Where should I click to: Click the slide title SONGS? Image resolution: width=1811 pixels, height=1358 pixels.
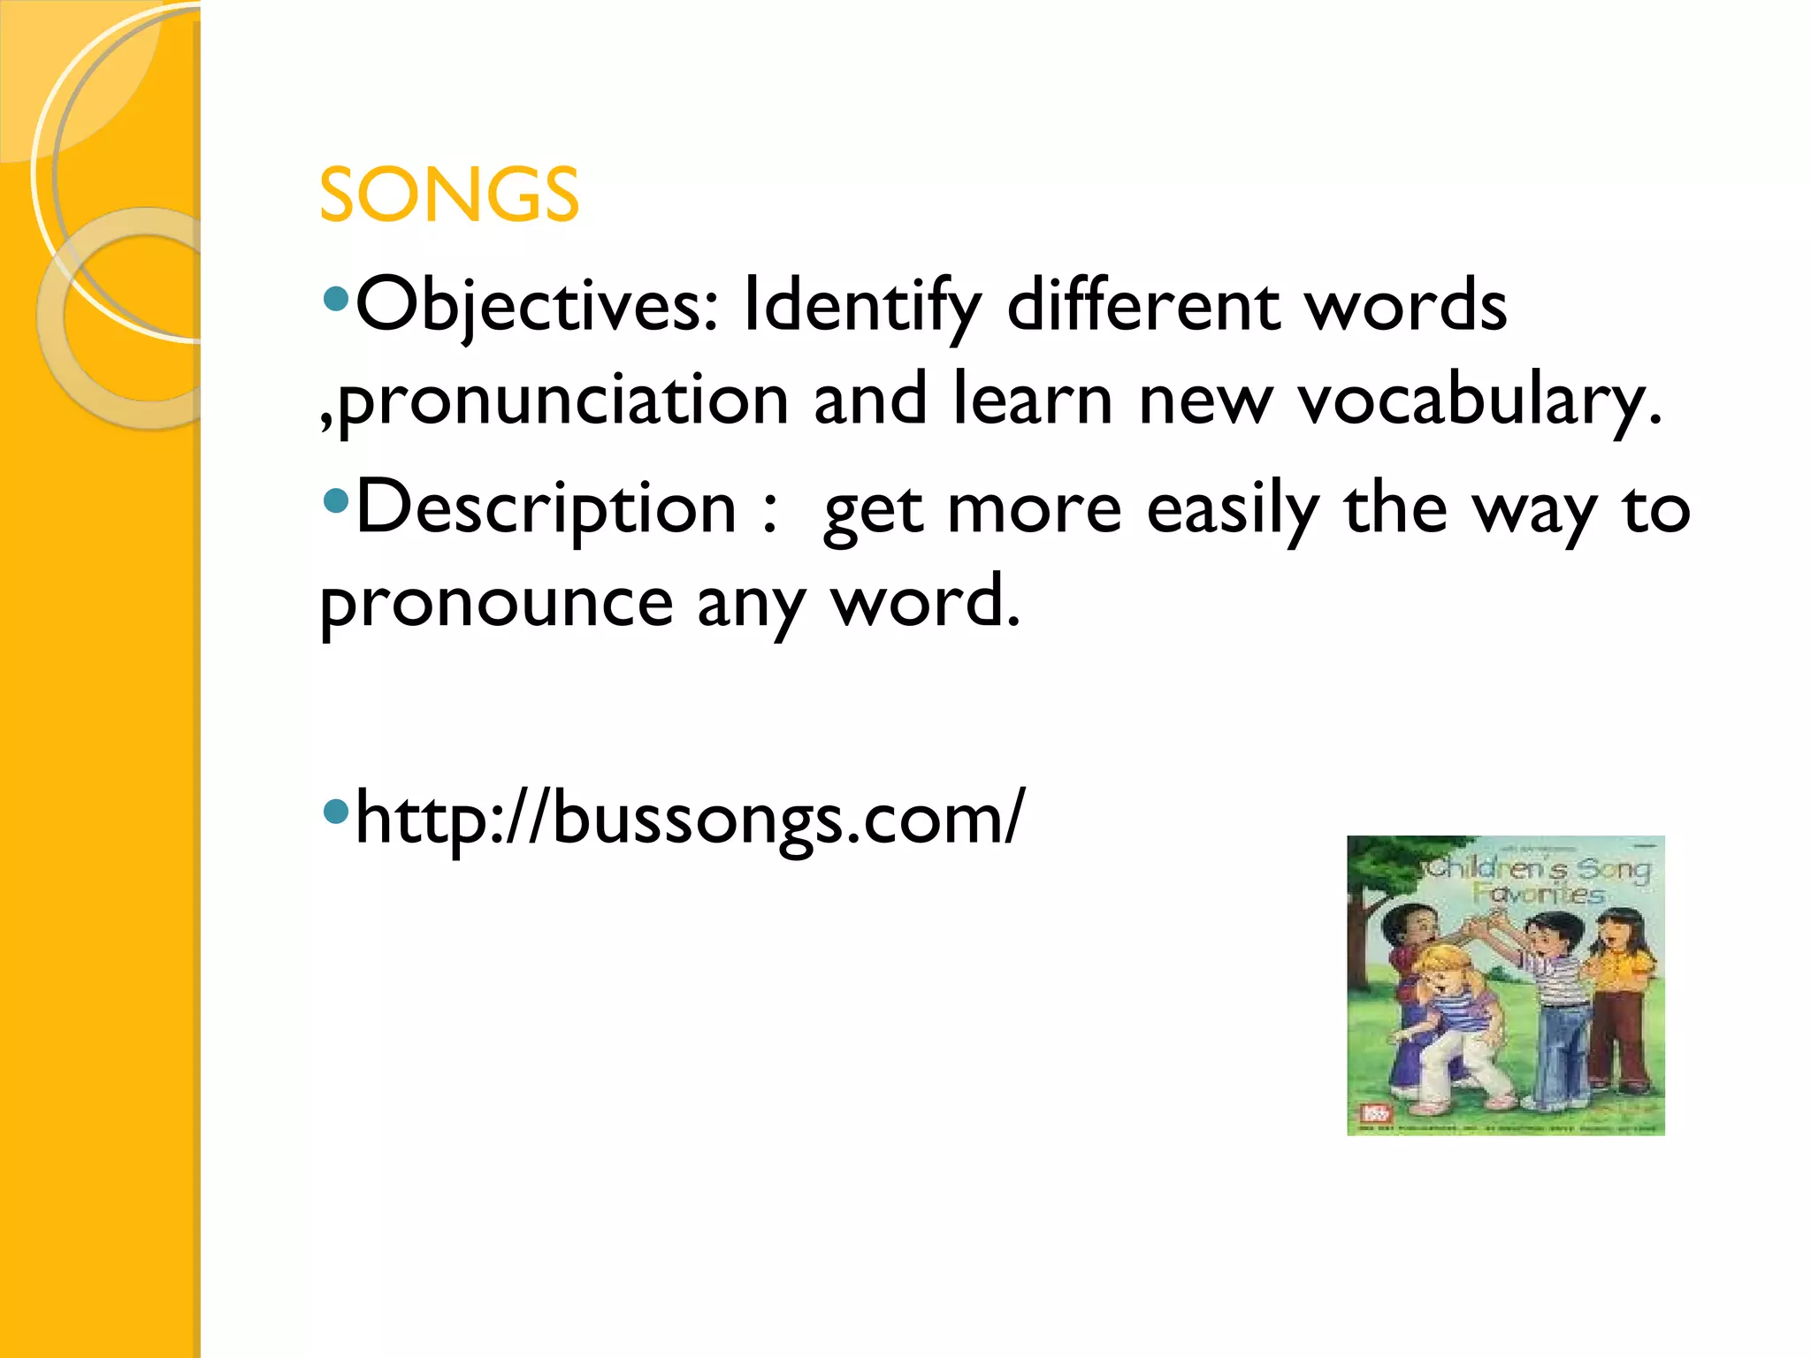point(448,195)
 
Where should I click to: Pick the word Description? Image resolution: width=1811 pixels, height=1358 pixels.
point(546,509)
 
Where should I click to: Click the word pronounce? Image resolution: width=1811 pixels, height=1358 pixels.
point(497,604)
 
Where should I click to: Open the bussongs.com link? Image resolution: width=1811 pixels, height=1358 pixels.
point(690,819)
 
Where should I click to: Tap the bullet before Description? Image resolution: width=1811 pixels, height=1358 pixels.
point(336,503)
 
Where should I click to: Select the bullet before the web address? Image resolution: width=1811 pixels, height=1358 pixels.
point(336,811)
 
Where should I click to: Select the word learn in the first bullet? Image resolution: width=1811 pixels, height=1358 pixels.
point(1033,401)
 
